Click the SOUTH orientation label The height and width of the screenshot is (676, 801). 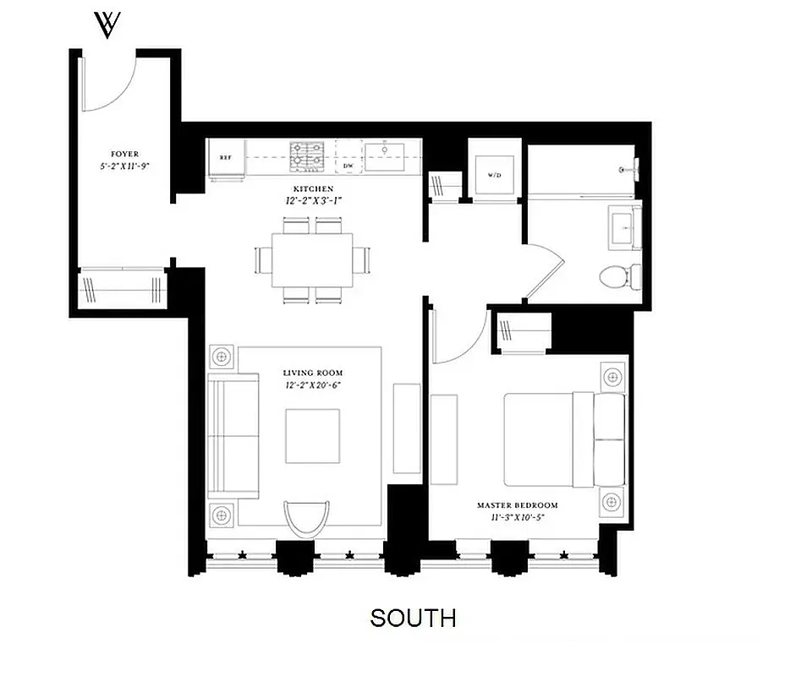[x=413, y=618]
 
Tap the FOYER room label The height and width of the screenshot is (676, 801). [x=124, y=155]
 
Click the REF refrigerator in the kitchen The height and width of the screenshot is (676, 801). [x=226, y=158]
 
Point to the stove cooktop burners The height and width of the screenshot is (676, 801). [x=308, y=156]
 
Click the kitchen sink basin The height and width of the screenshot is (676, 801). [x=385, y=152]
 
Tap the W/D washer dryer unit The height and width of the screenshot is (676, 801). [x=494, y=177]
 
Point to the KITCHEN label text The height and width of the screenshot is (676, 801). [x=313, y=188]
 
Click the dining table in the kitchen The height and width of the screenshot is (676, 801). [x=312, y=259]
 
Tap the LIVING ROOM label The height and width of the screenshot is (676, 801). [x=313, y=373]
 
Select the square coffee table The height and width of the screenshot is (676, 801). [x=312, y=436]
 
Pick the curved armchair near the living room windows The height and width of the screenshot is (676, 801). [x=306, y=516]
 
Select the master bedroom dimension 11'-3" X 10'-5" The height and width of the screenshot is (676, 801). [x=517, y=518]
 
